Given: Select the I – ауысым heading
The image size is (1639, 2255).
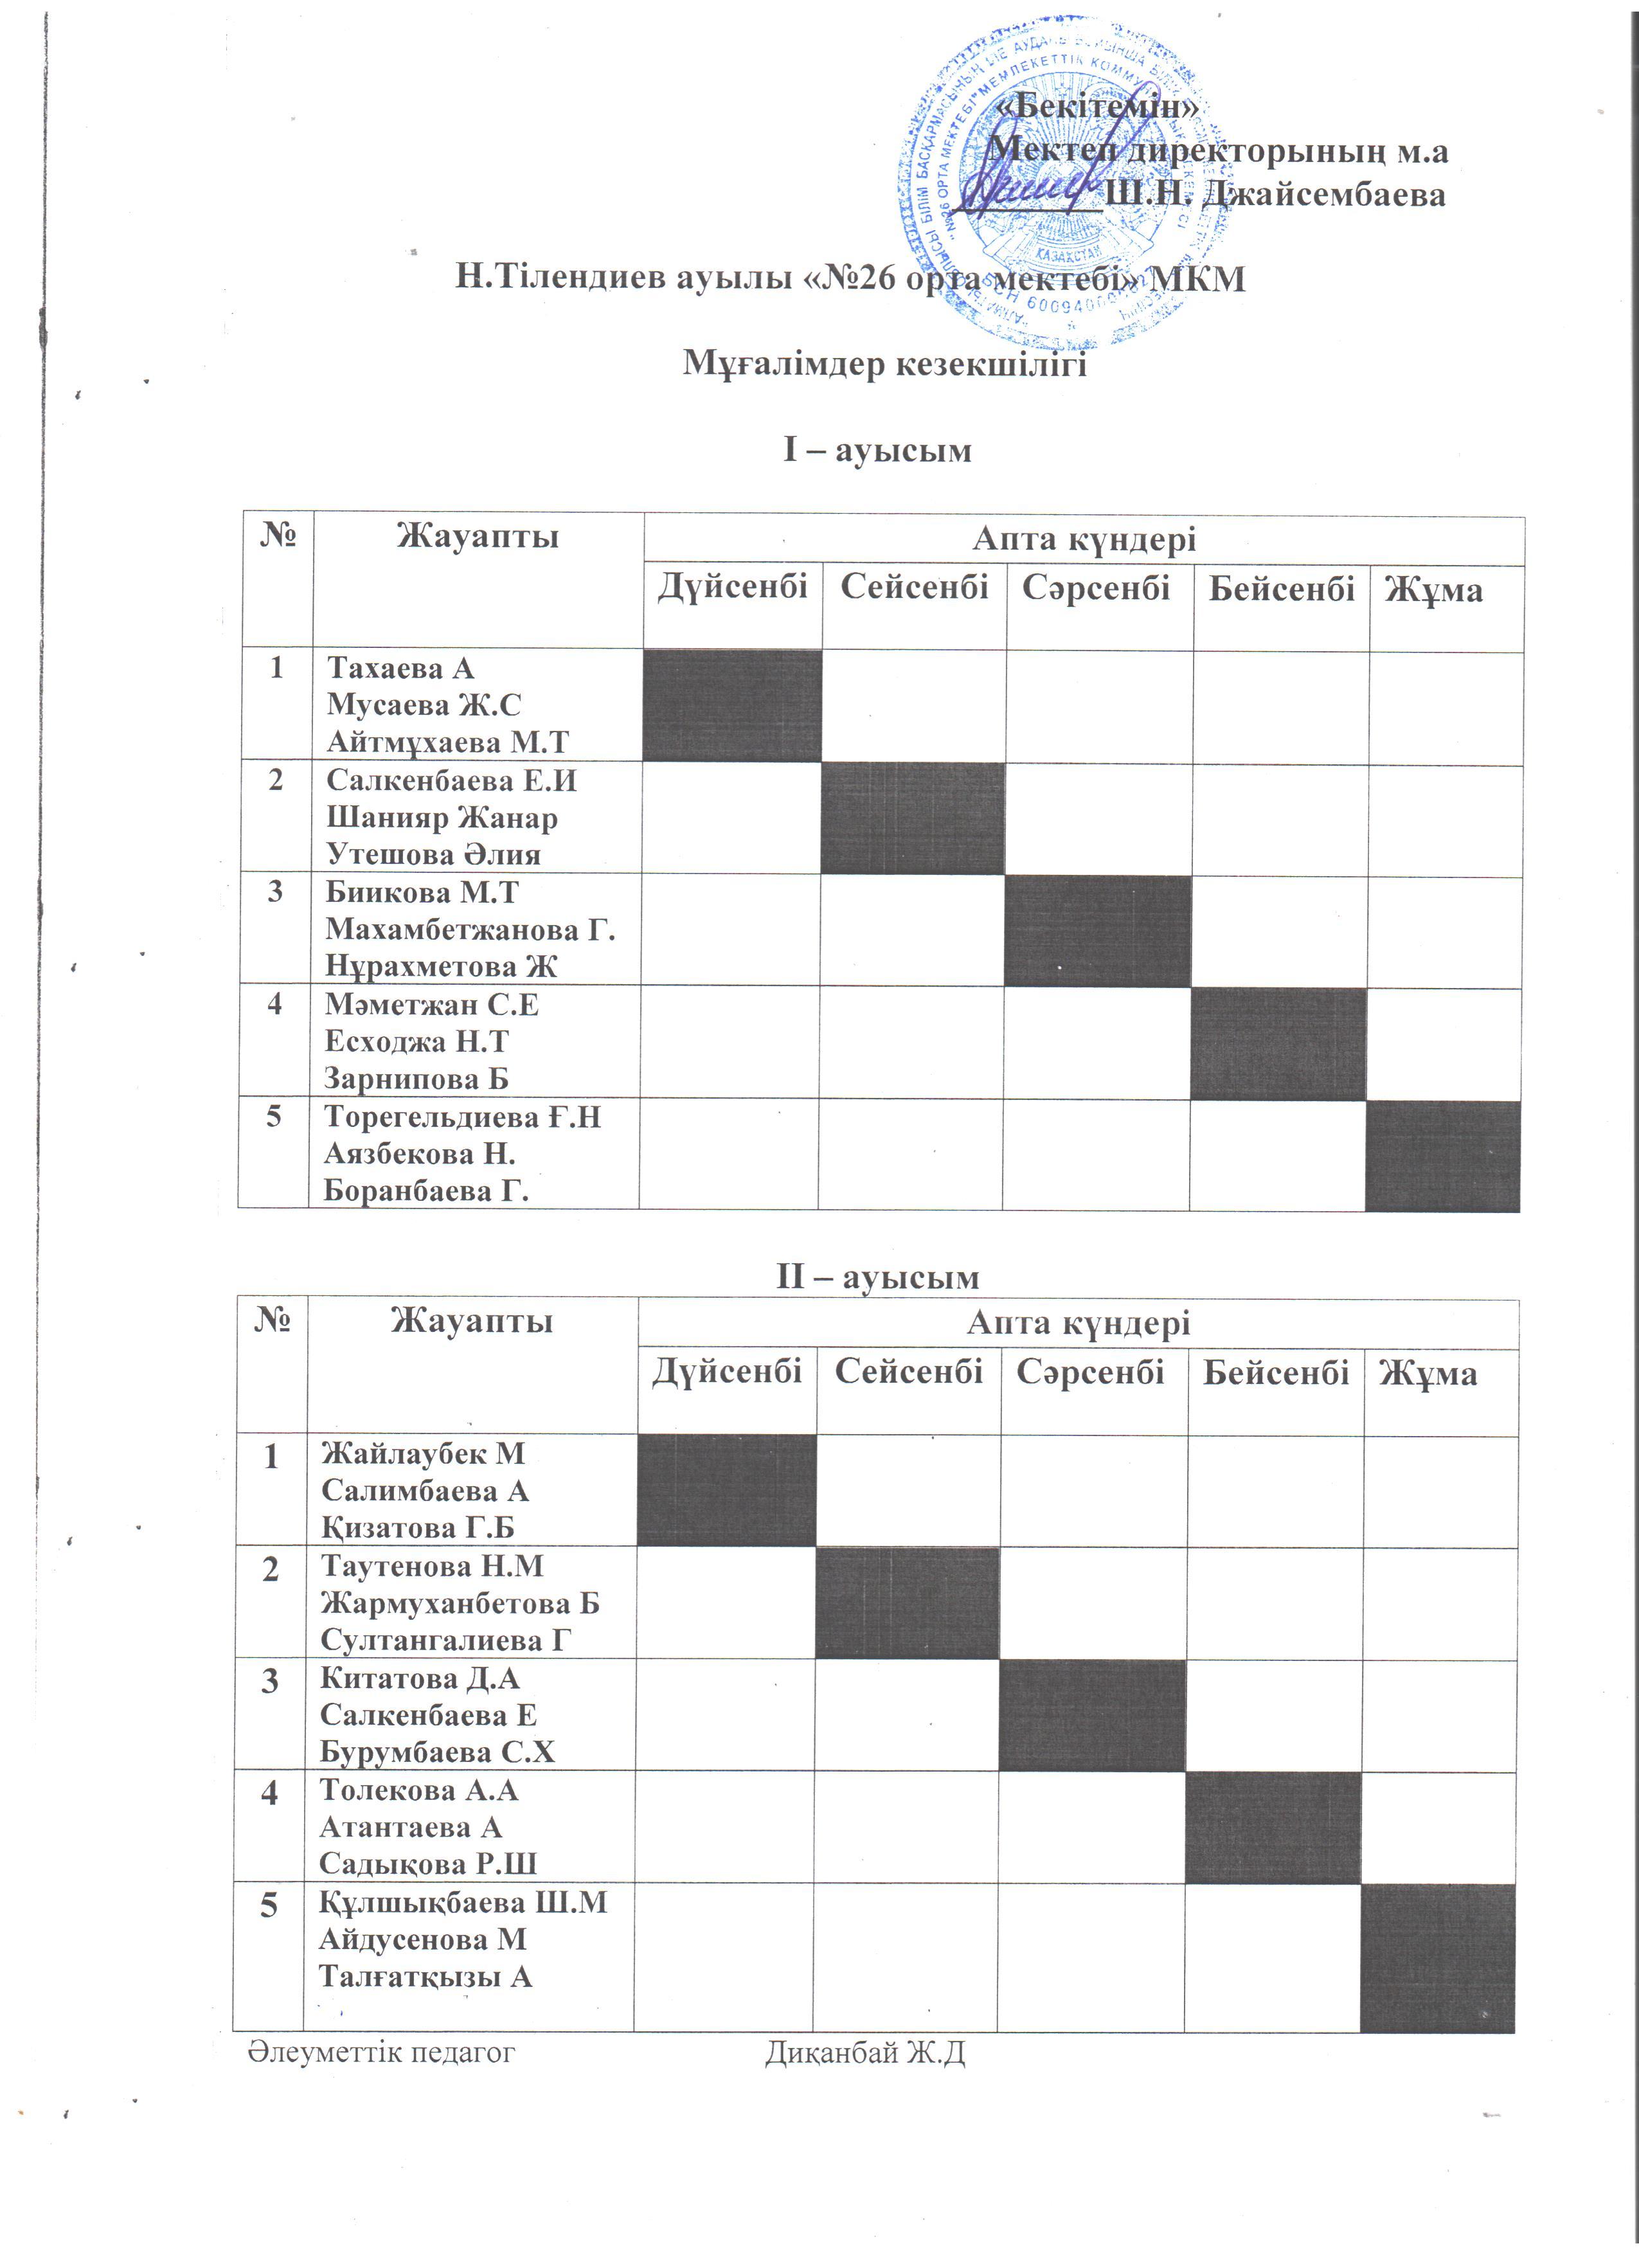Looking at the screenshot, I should click(877, 451).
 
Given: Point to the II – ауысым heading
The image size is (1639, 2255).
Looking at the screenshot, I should click(877, 1277).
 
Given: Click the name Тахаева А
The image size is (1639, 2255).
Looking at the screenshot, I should click(402, 667).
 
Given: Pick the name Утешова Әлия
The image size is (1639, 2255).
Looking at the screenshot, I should click(433, 854).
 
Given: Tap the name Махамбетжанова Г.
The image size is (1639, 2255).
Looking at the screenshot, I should click(470, 930).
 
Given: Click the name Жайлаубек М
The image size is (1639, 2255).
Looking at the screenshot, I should click(422, 1453).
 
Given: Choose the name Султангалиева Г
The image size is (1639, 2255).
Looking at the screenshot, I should click(445, 1640).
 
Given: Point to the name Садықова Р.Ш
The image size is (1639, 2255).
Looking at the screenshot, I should click(427, 1864).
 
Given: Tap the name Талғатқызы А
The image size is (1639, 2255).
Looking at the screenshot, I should click(425, 1977).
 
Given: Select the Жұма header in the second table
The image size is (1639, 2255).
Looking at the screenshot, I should click(1428, 1374).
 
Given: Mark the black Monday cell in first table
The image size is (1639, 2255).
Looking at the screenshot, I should click(733, 706).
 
